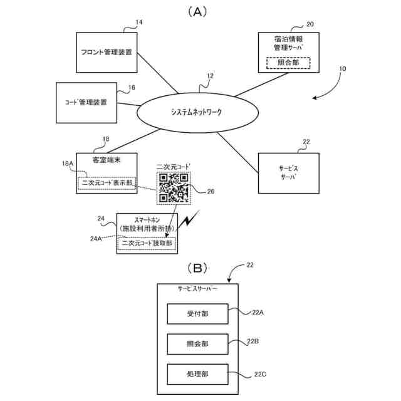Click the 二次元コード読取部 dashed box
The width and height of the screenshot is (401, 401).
[147, 242]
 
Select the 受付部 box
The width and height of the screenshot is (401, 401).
[197, 314]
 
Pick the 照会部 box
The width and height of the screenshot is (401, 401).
[197, 344]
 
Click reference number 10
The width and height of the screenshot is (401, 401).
[342, 78]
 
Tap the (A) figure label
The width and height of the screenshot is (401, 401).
[197, 11]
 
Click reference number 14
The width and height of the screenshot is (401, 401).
[139, 23]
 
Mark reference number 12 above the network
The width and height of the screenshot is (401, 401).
[210, 76]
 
